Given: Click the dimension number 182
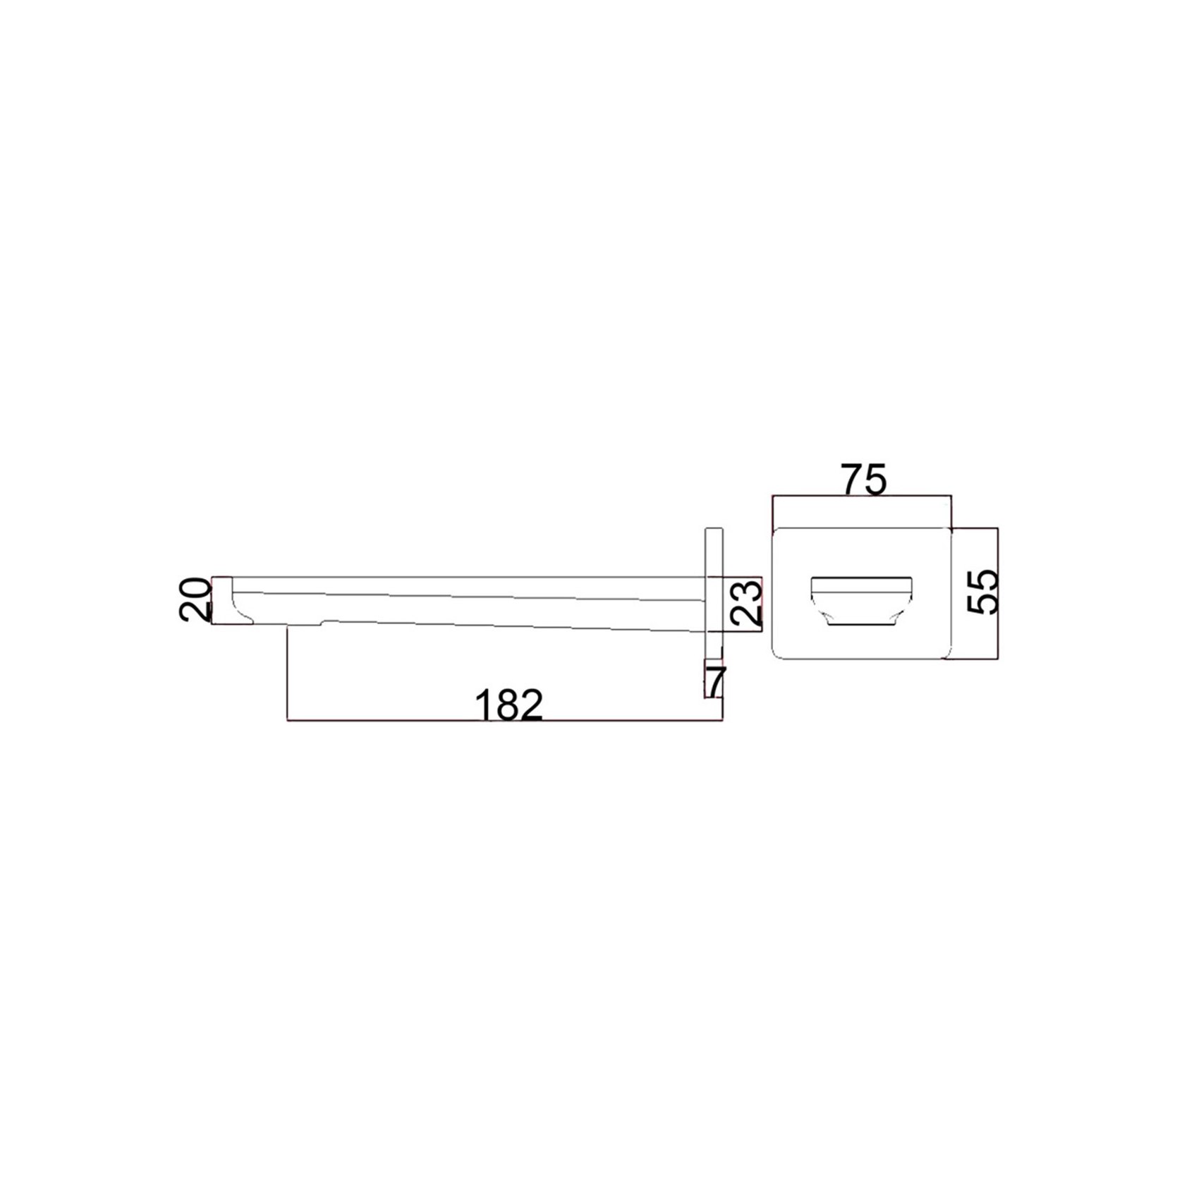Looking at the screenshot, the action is [509, 705].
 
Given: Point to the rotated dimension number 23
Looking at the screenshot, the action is [746, 602].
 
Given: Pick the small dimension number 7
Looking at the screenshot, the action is [715, 681].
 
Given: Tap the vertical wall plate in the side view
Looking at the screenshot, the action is [714, 612].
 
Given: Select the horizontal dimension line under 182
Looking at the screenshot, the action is [505, 721].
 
